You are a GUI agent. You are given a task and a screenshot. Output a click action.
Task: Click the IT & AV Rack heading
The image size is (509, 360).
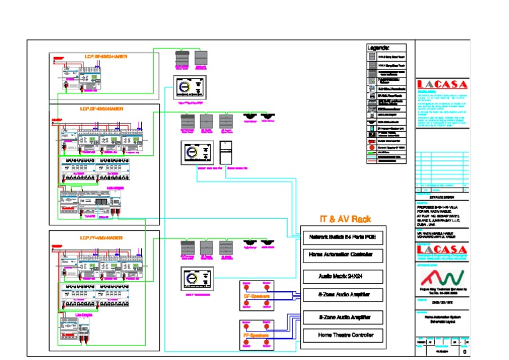345,219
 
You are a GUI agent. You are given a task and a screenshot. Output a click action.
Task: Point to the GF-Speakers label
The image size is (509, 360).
255,297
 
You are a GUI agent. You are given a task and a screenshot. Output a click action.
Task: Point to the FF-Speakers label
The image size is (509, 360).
255,335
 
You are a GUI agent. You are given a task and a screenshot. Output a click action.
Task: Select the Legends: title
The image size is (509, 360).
378,48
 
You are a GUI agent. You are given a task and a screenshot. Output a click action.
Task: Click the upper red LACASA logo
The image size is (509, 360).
442,84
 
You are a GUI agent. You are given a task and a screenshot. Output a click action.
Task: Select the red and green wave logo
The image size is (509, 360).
442,276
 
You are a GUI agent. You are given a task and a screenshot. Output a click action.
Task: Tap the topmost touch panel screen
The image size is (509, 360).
190,88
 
